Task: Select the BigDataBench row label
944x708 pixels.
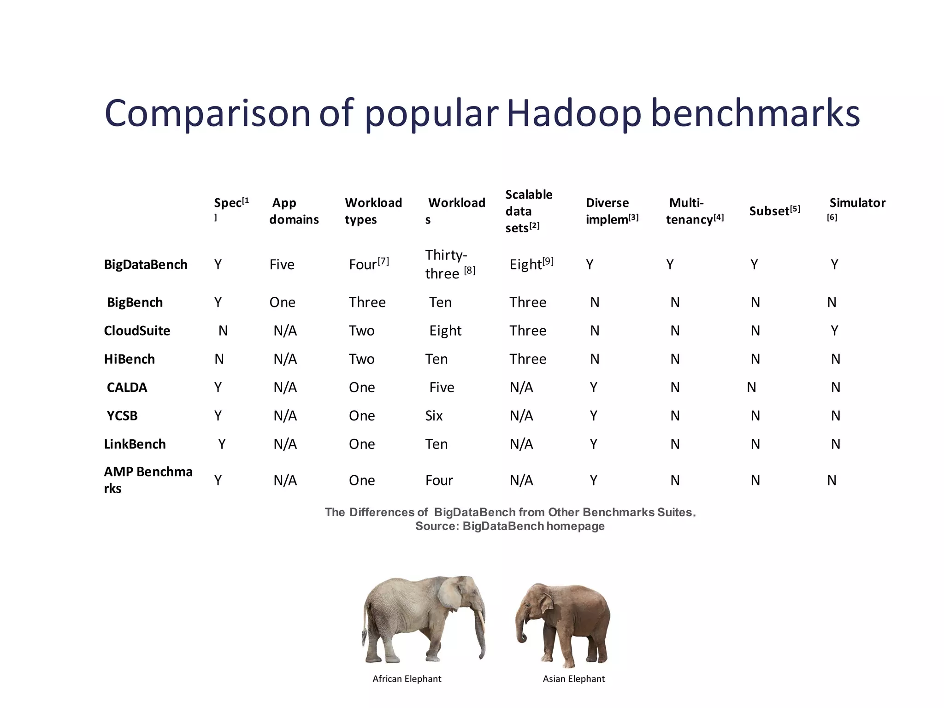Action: click(x=146, y=265)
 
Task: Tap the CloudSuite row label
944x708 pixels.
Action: click(x=137, y=330)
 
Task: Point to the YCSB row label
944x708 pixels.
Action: click(x=122, y=416)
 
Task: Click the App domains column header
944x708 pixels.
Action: click(x=294, y=211)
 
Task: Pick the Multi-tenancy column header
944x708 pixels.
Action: click(x=694, y=211)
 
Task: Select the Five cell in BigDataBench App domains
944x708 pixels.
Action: click(x=282, y=265)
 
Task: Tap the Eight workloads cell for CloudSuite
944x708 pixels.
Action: click(x=445, y=330)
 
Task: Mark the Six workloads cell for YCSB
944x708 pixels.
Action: click(x=434, y=416)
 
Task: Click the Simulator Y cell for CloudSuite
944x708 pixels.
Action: click(x=834, y=330)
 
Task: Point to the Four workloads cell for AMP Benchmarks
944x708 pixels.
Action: click(x=439, y=480)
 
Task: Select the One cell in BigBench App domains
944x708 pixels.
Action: click(x=282, y=302)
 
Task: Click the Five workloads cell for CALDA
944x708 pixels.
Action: click(x=442, y=387)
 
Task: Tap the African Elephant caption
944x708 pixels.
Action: click(x=407, y=678)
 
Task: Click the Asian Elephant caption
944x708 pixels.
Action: click(x=573, y=678)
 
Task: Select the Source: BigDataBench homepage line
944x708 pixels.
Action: click(x=510, y=526)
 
